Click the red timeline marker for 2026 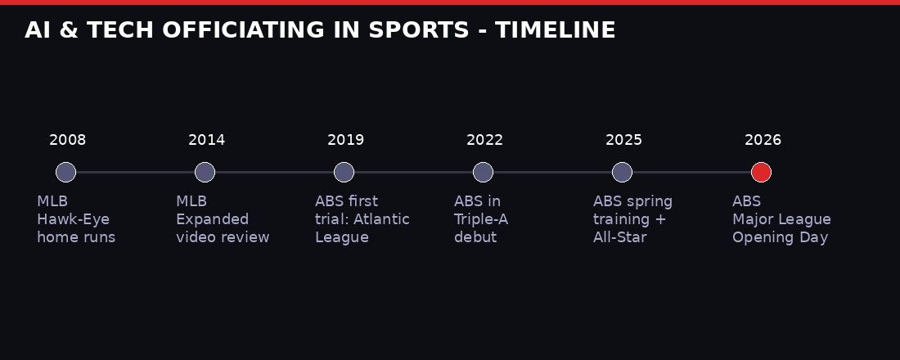pyautogui.click(x=761, y=172)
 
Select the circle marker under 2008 pyautogui.click(x=65, y=172)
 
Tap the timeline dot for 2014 pyautogui.click(x=205, y=172)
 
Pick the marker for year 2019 pyautogui.click(x=344, y=172)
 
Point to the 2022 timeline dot pyautogui.click(x=483, y=172)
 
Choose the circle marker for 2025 pyautogui.click(x=622, y=172)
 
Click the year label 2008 pyautogui.click(x=67, y=140)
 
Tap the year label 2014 pyautogui.click(x=206, y=140)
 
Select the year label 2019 pyautogui.click(x=345, y=140)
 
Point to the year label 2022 pyautogui.click(x=484, y=140)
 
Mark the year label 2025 pyautogui.click(x=623, y=140)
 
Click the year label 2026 pyautogui.click(x=763, y=140)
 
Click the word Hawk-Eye pyautogui.click(x=73, y=219)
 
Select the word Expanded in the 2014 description pyautogui.click(x=212, y=219)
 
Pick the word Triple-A pyautogui.click(x=481, y=219)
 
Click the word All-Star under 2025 pyautogui.click(x=619, y=237)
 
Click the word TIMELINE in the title pyautogui.click(x=555, y=30)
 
